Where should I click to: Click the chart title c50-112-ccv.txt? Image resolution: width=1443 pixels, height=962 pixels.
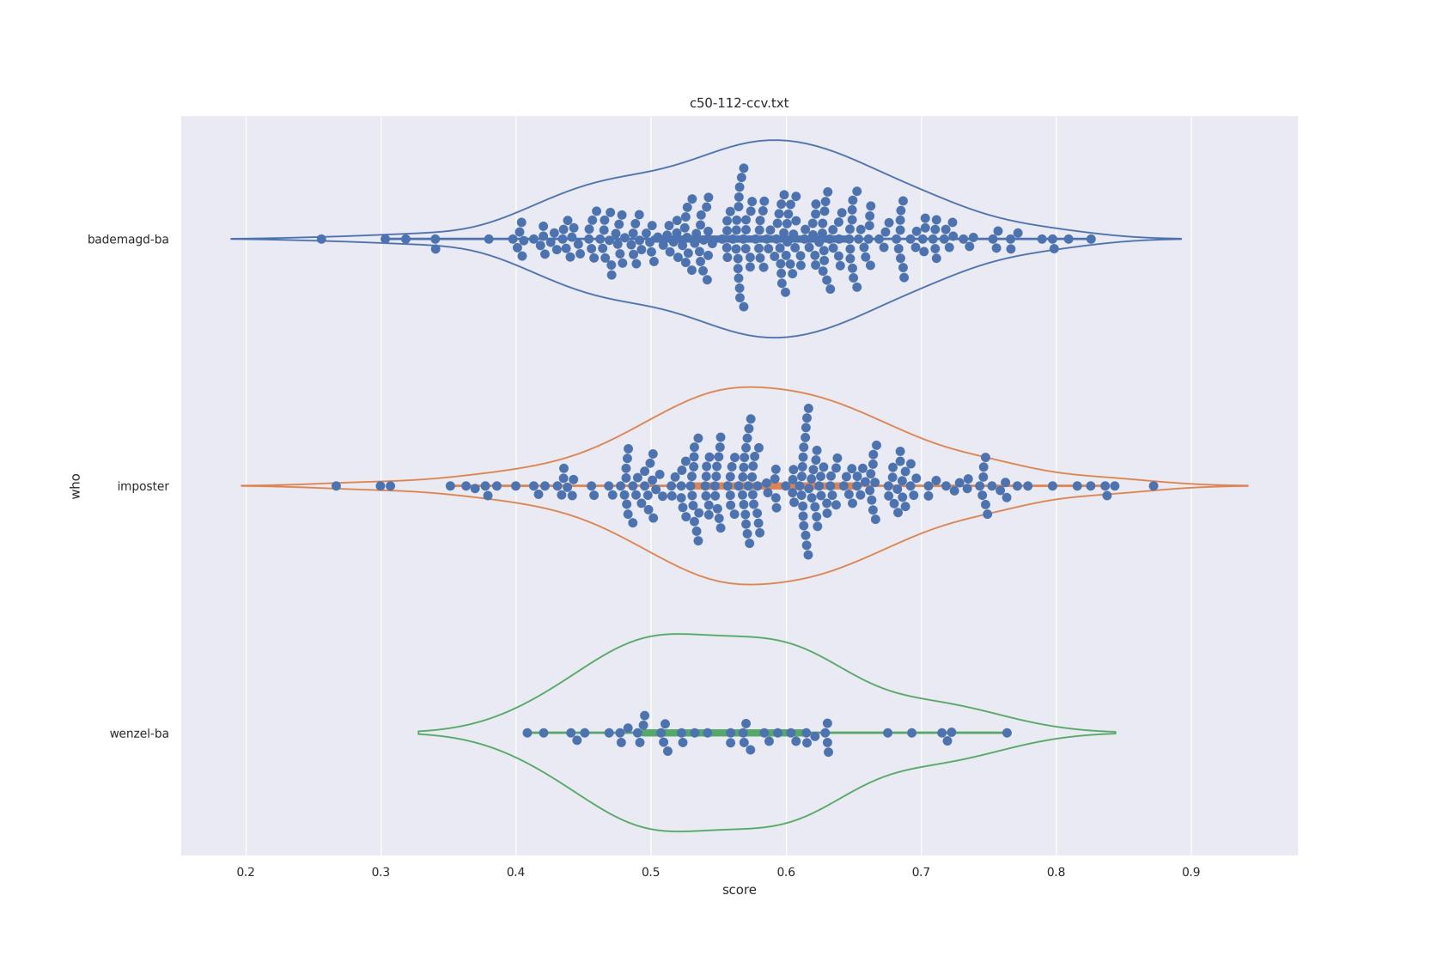click(x=739, y=103)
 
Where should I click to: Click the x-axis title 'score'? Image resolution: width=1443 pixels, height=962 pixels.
click(x=739, y=890)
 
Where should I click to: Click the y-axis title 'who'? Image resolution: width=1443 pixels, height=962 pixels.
click(x=76, y=486)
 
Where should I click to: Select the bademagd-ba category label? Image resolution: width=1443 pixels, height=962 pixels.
click(x=128, y=240)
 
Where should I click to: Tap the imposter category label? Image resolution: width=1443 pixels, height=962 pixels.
click(x=143, y=486)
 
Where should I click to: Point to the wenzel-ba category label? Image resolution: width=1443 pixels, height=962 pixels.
click(x=139, y=734)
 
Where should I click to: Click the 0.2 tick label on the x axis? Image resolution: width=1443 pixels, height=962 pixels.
click(x=246, y=872)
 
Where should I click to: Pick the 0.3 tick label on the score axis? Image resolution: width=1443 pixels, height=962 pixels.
click(x=381, y=872)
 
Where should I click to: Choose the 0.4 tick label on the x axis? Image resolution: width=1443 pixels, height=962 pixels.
click(x=515, y=872)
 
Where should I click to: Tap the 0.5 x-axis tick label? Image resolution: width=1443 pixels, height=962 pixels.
click(x=651, y=872)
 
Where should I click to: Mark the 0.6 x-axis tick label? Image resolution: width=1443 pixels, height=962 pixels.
click(x=786, y=872)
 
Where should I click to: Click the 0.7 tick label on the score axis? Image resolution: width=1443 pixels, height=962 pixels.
click(x=921, y=872)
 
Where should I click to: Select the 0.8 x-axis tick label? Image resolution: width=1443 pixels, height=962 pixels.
click(x=1056, y=872)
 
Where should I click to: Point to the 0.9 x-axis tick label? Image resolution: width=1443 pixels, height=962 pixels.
click(x=1190, y=872)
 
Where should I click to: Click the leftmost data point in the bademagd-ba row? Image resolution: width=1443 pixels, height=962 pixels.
click(x=321, y=239)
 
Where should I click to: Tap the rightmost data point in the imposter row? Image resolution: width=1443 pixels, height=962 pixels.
click(x=1154, y=486)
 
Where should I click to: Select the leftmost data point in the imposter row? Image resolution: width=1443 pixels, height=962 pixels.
click(x=336, y=486)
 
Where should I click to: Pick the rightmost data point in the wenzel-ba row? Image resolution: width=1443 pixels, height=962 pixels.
click(x=1007, y=733)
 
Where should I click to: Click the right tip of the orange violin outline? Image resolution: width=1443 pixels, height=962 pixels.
click(x=1247, y=486)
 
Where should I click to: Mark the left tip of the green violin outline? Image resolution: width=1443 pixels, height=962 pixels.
click(x=419, y=733)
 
